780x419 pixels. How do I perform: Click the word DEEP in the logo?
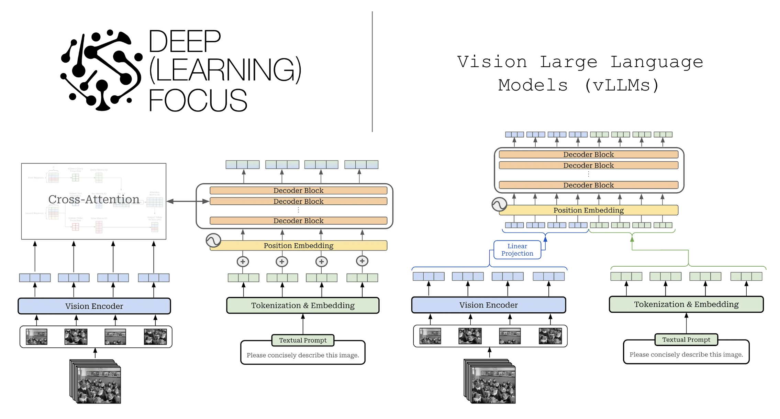[184, 41]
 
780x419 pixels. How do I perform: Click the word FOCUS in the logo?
[198, 100]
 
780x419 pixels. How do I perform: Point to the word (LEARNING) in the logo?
[225, 70]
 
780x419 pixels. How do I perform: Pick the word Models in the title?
[533, 85]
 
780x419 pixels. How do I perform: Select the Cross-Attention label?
[93, 199]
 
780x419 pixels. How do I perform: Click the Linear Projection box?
[517, 250]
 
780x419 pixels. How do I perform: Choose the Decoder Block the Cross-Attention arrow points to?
[298, 201]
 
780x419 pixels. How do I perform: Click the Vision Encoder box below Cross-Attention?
[94, 306]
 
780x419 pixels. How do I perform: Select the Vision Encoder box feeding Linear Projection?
[488, 305]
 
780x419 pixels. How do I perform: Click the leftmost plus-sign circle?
[243, 261]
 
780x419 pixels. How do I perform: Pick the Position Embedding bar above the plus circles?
[298, 246]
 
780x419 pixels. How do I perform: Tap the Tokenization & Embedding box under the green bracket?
[686, 304]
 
